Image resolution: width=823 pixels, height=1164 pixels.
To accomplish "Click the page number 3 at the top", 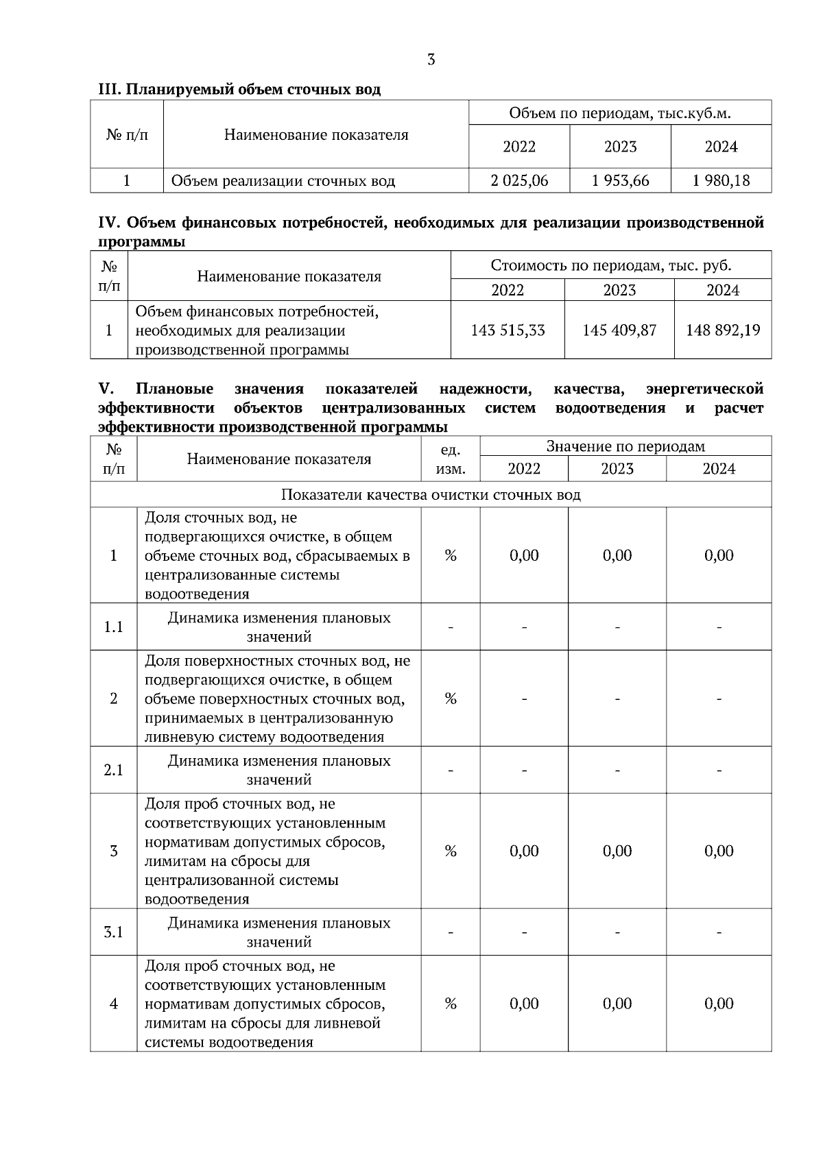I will point(431,60).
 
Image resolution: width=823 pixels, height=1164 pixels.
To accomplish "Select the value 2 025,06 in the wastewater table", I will point(519,181).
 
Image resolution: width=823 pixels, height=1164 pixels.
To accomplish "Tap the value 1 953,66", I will point(620,181).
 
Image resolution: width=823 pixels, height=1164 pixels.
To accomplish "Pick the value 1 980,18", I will point(721,181).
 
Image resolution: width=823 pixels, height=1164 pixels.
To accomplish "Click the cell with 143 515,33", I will point(508,330).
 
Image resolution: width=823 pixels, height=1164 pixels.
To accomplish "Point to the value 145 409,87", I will point(619,330).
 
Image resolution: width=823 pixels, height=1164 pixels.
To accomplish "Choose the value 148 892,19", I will point(723,330).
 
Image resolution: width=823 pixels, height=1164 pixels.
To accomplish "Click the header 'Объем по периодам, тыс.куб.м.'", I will point(620,113).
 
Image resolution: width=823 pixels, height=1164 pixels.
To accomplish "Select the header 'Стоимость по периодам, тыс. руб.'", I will point(611,265).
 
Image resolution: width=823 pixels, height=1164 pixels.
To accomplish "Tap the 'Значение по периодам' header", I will point(625,447).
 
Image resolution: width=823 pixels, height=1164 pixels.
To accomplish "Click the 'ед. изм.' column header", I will point(451,460).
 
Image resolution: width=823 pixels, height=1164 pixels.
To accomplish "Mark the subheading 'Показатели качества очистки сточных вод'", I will point(431,495).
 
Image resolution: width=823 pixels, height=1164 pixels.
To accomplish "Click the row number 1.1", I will point(113,627).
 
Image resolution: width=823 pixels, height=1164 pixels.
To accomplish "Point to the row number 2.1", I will point(113,771).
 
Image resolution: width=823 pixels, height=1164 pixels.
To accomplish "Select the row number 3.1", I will point(113,932).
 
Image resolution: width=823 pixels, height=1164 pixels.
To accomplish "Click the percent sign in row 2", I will point(451,699).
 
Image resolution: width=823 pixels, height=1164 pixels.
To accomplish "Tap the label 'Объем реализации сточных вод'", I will point(283,181).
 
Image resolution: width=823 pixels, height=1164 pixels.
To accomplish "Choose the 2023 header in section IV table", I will point(619,290).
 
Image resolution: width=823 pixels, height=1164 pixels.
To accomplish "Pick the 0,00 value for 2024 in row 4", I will point(719,1004).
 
